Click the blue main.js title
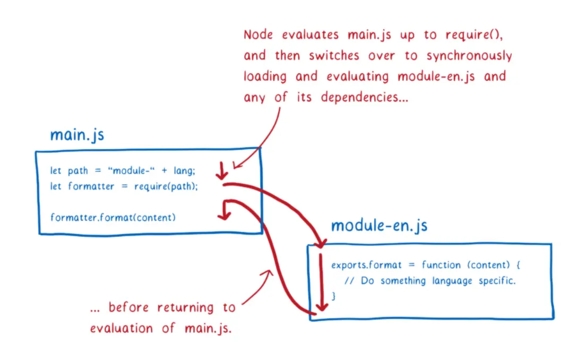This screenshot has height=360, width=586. [77, 135]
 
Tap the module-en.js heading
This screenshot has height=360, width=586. [379, 226]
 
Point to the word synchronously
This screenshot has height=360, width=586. [469, 56]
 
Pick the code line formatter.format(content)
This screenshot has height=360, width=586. [113, 217]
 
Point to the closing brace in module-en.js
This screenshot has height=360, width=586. [333, 295]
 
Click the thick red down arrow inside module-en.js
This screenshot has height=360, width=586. [320, 281]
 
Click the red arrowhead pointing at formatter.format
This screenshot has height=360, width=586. [225, 214]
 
